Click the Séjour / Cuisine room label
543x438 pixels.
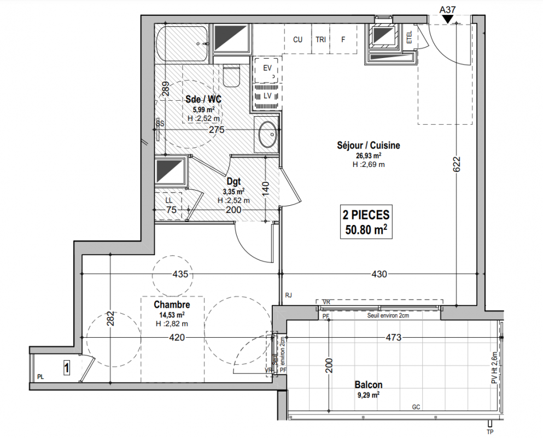(369, 145)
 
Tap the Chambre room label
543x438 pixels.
(172, 305)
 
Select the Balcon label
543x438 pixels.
(369, 384)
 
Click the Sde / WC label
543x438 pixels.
(203, 99)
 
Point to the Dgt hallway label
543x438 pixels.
(233, 181)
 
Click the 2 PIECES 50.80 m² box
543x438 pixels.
(366, 222)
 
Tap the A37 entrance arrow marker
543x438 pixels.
(448, 20)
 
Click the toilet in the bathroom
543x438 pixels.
(231, 75)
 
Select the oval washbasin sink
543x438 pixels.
(268, 134)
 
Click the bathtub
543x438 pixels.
(183, 44)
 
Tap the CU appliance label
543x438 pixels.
(297, 39)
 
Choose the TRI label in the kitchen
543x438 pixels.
(320, 39)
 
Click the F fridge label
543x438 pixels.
(343, 39)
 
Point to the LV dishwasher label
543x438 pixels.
(267, 96)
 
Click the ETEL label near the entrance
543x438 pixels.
(410, 37)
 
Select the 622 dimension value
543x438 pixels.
(457, 164)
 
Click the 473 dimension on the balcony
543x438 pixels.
(393, 337)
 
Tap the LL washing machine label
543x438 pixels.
(168, 201)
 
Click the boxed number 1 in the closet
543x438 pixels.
(66, 367)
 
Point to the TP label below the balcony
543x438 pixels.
(490, 432)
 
